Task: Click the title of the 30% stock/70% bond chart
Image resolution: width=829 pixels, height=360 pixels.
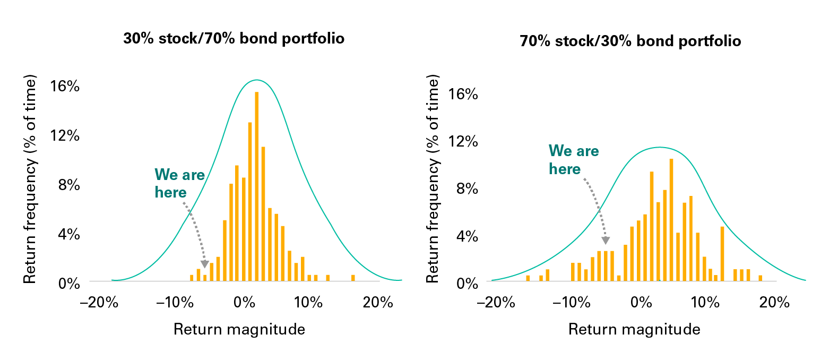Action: tap(234, 39)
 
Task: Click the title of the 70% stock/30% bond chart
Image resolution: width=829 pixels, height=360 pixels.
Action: tap(631, 41)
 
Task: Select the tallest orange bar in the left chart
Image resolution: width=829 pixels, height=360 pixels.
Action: tap(256, 186)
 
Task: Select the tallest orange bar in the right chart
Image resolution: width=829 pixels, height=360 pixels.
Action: tap(671, 220)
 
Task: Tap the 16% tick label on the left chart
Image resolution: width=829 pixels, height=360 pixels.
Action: tap(65, 87)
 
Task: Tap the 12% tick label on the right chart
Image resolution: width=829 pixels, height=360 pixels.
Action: tap(463, 141)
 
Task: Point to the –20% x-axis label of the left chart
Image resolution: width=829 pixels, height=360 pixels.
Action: tap(99, 303)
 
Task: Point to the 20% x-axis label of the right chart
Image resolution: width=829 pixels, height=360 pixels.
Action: tap(774, 303)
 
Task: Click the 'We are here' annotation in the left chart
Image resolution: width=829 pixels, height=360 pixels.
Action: tap(179, 184)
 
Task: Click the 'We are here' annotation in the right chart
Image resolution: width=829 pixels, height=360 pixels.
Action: tap(574, 160)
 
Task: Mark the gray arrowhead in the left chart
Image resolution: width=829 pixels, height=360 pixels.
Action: tap(205, 264)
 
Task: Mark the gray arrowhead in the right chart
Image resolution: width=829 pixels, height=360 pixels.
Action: tap(606, 241)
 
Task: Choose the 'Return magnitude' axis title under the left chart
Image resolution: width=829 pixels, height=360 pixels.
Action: tap(239, 329)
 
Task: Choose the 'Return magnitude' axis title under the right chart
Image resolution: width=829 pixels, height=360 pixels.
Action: tap(634, 329)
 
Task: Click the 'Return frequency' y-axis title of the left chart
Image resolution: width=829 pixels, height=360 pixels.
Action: tap(30, 179)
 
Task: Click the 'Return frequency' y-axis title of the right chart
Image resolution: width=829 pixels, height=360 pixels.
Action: tap(432, 178)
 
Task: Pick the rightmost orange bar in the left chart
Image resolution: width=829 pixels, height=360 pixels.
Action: tap(353, 278)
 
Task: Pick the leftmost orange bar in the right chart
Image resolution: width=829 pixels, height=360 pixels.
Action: tap(528, 278)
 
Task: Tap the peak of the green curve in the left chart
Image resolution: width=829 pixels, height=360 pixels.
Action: tap(256, 80)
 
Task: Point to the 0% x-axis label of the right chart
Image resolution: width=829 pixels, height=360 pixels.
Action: tap(641, 303)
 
